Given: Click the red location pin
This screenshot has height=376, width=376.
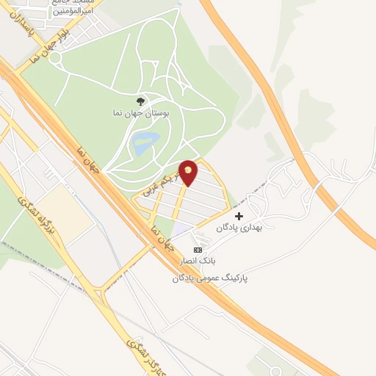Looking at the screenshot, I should click(188, 172).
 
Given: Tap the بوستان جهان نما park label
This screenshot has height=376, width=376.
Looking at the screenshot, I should click(143, 115).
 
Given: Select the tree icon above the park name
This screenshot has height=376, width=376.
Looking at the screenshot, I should click(140, 101).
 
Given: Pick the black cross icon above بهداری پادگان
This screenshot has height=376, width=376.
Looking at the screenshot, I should click(239, 216).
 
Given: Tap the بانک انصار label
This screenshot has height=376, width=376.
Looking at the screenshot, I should click(196, 261).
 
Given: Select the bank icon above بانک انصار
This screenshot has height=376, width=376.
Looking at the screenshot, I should click(196, 250).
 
